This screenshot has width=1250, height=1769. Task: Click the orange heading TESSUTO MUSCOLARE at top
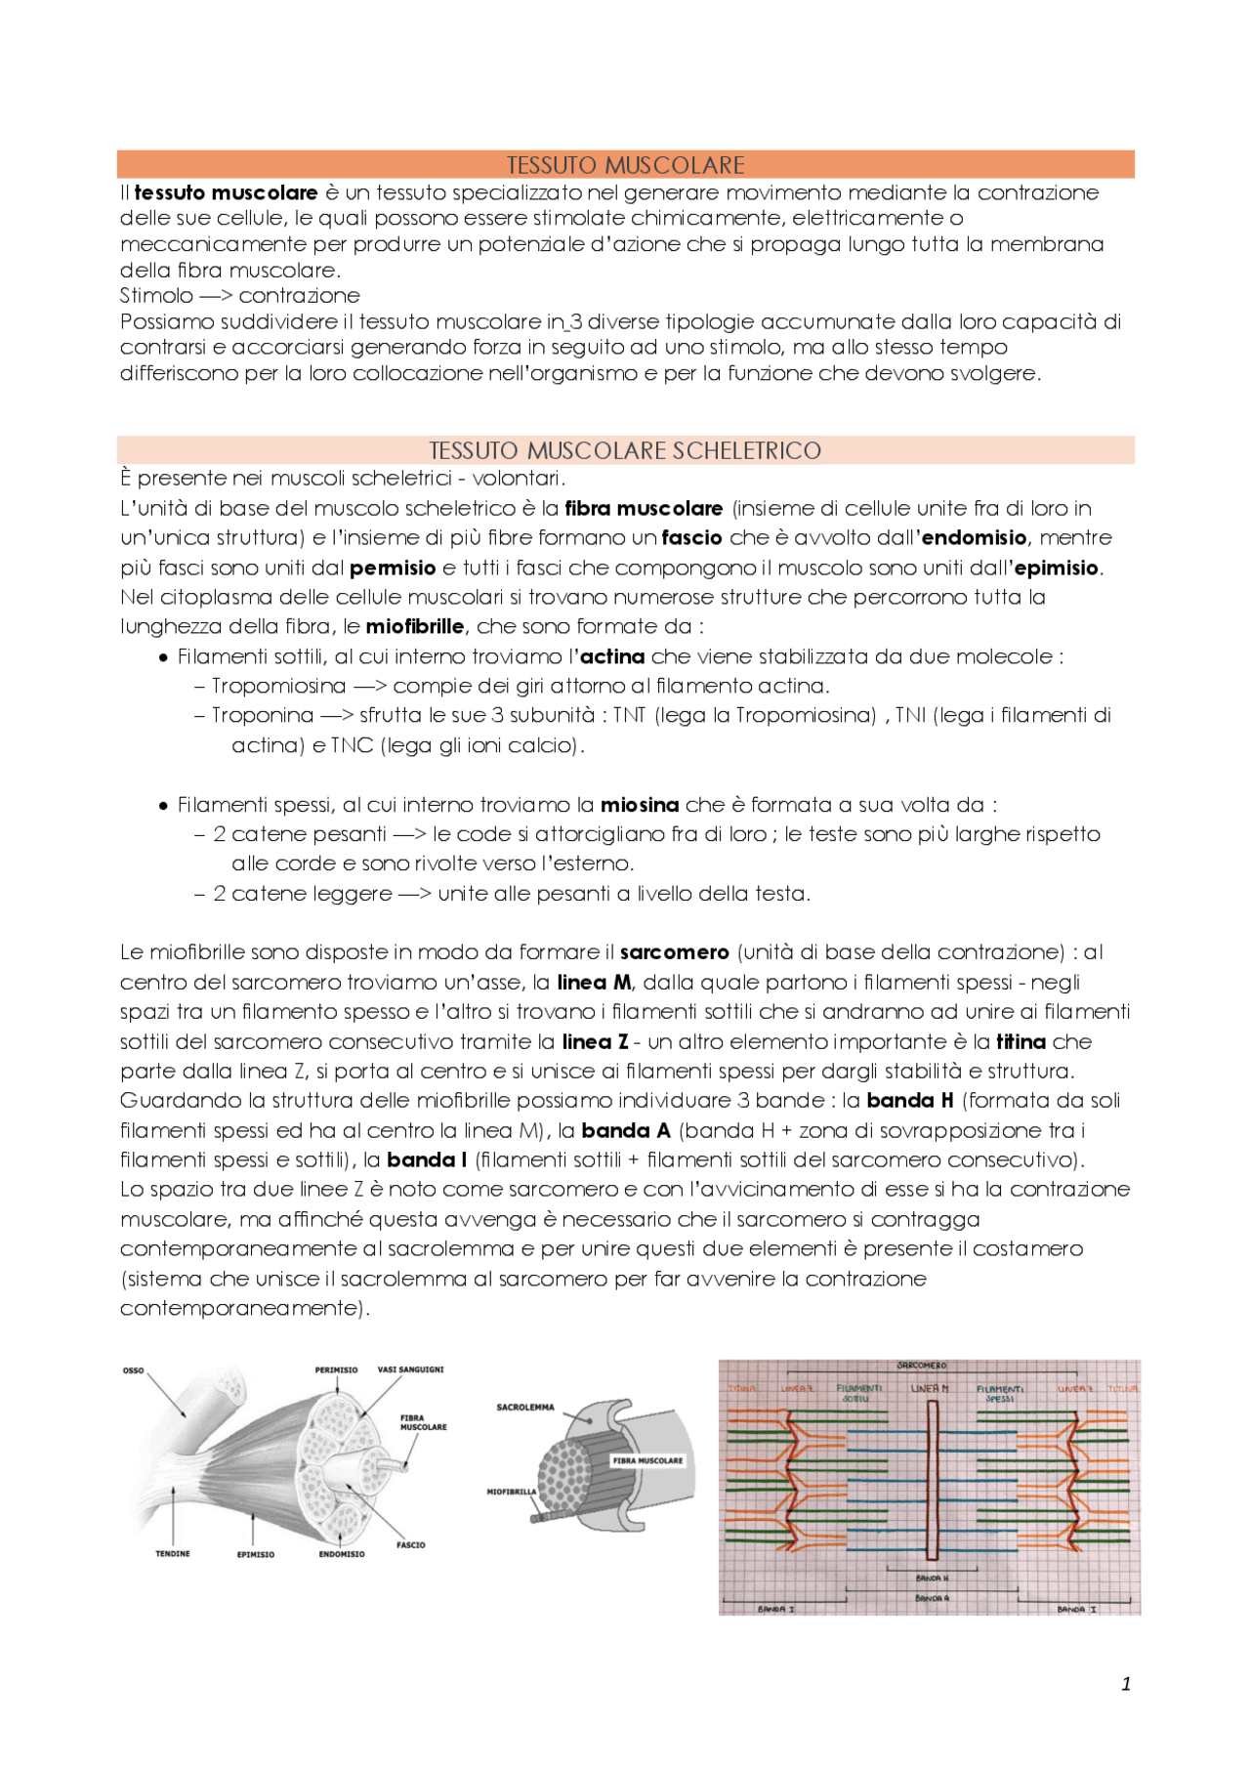(625, 164)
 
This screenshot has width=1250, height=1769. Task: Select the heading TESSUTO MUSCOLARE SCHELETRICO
(625, 450)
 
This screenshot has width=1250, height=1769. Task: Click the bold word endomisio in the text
(974, 537)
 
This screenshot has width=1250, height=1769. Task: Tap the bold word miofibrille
(414, 626)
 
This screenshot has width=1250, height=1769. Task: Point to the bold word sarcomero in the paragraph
(674, 951)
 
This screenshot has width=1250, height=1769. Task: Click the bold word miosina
(639, 805)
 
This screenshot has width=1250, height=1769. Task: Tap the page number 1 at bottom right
(1126, 1683)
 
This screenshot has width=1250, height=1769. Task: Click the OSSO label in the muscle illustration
(133, 1370)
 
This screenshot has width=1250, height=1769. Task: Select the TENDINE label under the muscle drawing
(173, 1553)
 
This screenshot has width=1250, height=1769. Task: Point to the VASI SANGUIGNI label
(410, 1369)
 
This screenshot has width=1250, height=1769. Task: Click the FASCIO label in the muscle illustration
(410, 1544)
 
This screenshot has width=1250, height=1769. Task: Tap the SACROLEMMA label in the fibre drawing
(524, 1408)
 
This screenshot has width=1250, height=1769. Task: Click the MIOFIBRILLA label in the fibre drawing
(512, 1492)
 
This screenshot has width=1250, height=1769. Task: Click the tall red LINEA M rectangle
(932, 1480)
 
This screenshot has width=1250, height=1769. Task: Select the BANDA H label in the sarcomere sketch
(932, 1578)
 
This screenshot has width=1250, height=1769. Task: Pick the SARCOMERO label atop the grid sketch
(921, 1365)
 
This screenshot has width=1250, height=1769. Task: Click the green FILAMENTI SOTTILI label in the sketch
(858, 1392)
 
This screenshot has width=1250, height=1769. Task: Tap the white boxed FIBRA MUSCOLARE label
(648, 1460)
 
